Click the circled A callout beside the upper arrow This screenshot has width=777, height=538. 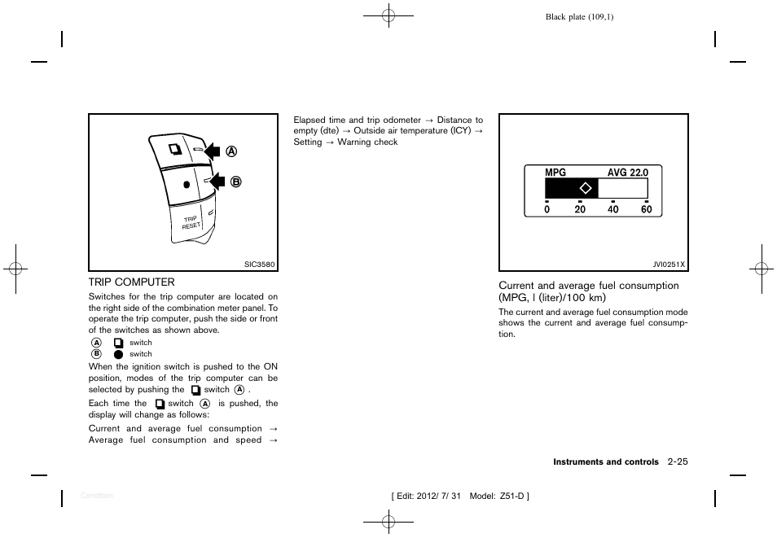pos(232,151)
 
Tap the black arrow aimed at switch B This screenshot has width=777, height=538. pos(213,181)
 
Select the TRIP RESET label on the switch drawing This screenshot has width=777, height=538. pos(191,222)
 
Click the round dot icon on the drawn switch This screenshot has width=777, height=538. pos(187,185)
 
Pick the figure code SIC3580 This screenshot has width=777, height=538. pos(261,264)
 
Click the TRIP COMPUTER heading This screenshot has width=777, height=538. pos(131,282)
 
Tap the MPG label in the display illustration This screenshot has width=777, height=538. pos(555,173)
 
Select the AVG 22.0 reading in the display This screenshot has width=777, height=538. pos(628,173)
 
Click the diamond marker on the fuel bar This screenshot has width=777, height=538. pos(584,189)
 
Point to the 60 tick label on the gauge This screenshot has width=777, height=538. pos(647,209)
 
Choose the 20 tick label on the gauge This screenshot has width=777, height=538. pos(580,209)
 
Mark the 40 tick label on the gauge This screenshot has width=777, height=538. pos(613,209)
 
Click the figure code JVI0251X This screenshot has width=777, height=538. pos(669,265)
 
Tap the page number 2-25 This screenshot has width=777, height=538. pos(677,462)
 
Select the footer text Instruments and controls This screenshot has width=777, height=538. pos(606,462)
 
